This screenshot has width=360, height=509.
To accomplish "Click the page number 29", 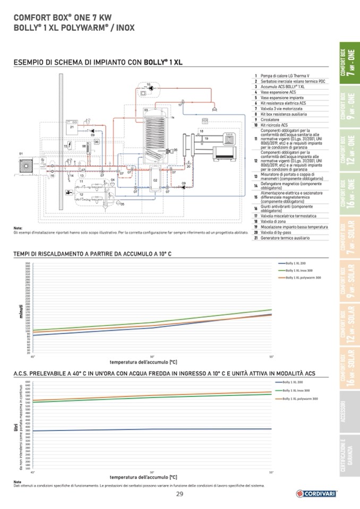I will click(x=179, y=494).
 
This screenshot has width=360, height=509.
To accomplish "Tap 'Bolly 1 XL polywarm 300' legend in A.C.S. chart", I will click(x=299, y=399).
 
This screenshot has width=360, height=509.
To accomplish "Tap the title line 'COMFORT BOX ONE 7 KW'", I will click(x=59, y=18).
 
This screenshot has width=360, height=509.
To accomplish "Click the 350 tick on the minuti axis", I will click(x=28, y=263).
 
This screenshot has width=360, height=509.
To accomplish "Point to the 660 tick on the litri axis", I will click(x=28, y=382).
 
